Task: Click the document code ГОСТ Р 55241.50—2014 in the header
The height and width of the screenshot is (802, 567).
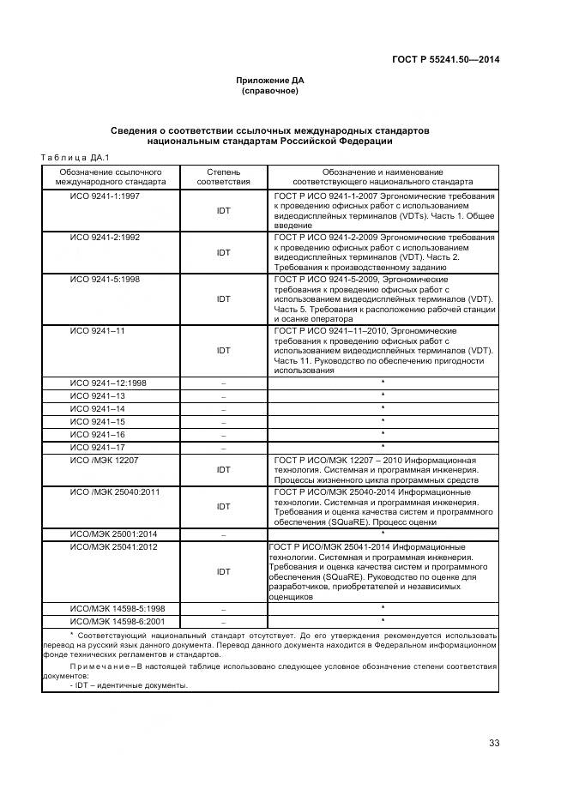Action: (x=446, y=59)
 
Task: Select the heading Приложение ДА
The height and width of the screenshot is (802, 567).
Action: (x=270, y=80)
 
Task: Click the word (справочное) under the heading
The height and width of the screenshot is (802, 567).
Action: (x=270, y=90)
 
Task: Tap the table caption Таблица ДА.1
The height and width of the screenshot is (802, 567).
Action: (x=74, y=157)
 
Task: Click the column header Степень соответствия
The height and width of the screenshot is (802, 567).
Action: (x=223, y=177)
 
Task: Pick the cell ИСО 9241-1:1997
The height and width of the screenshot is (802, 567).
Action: (x=106, y=196)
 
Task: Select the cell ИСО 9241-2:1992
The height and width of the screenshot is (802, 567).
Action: (x=106, y=237)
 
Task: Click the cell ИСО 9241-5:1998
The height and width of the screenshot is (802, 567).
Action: (x=106, y=279)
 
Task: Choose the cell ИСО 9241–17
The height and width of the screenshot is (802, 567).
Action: (x=98, y=447)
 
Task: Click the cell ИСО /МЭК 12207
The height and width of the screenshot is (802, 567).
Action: (x=105, y=460)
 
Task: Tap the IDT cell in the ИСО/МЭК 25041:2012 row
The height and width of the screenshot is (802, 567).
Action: (x=223, y=571)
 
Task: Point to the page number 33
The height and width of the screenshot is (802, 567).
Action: (x=493, y=743)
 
